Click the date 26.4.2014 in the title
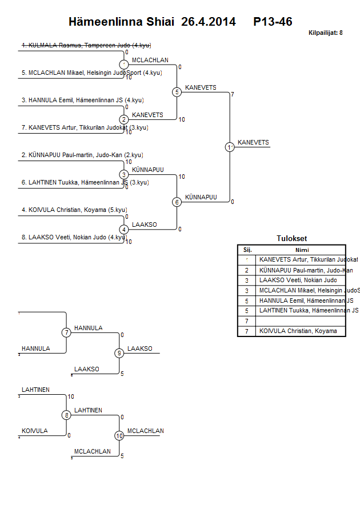click(208, 22)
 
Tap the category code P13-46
click(273, 22)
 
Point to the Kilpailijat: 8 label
click(325, 33)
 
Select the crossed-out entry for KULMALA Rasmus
click(86, 45)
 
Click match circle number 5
click(177, 92)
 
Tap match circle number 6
click(177, 202)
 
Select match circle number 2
click(124, 119)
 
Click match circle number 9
click(119, 353)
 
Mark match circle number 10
click(119, 435)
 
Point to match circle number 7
click(66, 332)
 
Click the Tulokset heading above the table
click(291, 239)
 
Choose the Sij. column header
click(247, 250)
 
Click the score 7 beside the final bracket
click(233, 94)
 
